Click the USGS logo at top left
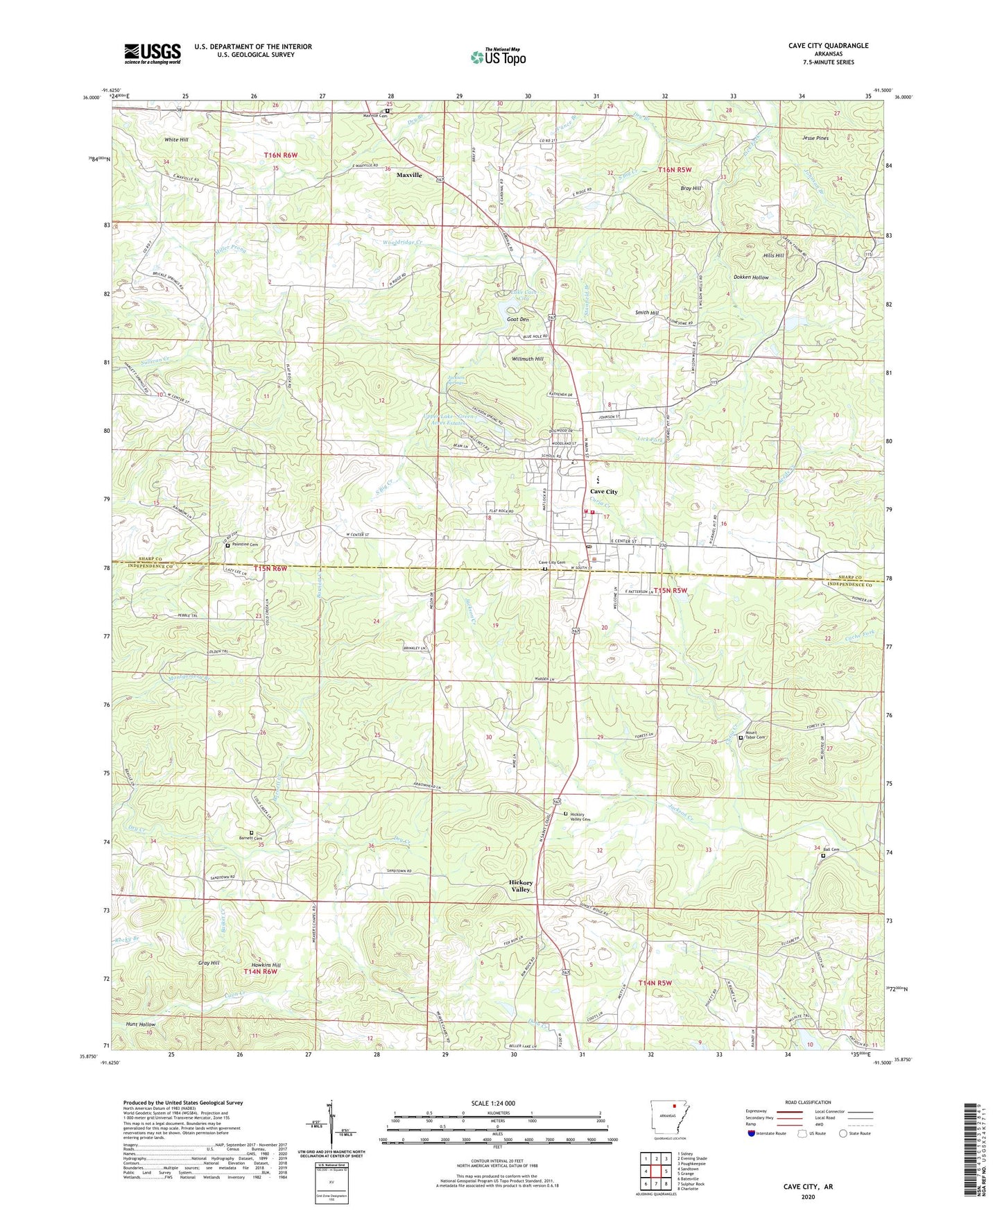click(x=153, y=53)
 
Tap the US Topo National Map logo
click(x=497, y=56)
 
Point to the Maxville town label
click(x=409, y=175)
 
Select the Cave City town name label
click(x=603, y=492)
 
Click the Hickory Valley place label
click(x=521, y=886)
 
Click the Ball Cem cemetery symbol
click(x=823, y=855)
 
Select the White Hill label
click(x=176, y=139)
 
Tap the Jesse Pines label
click(x=815, y=138)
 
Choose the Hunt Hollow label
click(x=141, y=1024)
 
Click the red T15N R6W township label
click(x=270, y=569)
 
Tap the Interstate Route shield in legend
click(x=752, y=1133)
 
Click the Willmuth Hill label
click(x=528, y=359)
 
